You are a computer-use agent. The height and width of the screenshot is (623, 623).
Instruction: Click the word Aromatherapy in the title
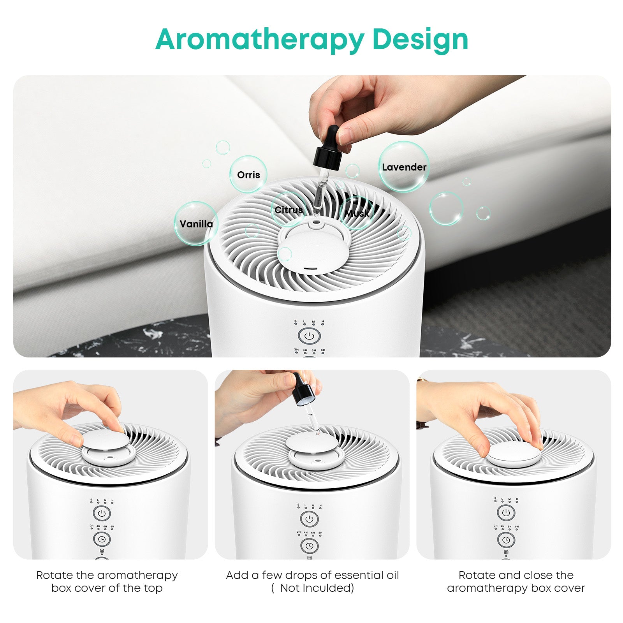tap(260, 40)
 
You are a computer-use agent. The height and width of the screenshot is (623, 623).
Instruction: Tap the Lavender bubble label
tap(404, 167)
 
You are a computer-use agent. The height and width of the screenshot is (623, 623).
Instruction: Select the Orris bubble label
tap(248, 175)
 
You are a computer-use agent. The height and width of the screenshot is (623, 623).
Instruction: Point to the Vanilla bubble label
tap(196, 224)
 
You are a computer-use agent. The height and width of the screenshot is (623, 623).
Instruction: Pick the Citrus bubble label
tap(289, 210)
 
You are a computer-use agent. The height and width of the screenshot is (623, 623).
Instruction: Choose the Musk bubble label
tap(357, 213)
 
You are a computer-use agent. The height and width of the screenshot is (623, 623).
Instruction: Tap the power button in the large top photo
tap(309, 336)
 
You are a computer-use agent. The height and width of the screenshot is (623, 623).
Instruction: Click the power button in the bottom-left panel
tap(102, 513)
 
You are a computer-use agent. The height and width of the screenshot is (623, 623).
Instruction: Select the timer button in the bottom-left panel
tap(102, 539)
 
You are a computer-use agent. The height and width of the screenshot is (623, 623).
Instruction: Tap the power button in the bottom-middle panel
tap(309, 519)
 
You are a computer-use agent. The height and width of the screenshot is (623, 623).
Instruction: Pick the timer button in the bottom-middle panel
tap(309, 546)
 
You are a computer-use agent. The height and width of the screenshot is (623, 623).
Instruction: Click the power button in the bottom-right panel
tap(506, 513)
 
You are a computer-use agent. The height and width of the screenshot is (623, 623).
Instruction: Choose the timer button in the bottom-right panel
tap(506, 540)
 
